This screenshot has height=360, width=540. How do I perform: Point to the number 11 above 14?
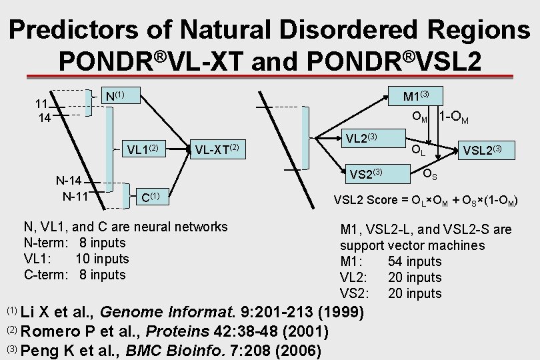click(41, 103)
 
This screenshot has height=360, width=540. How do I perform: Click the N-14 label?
click(68, 181)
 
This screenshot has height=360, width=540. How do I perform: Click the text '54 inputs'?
click(414, 261)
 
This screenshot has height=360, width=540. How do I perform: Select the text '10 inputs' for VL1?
click(102, 259)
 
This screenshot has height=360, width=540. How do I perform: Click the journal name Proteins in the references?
click(175, 331)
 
